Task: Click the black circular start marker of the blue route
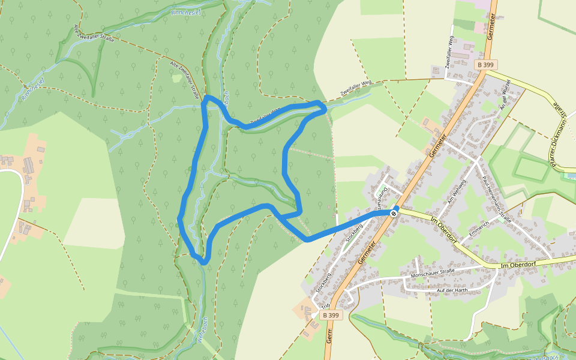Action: (394, 212)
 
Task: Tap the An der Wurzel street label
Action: (505, 95)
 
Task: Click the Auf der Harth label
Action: (452, 290)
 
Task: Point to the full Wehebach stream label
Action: (202, 329)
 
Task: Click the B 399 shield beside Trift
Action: (331, 315)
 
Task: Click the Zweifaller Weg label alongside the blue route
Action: (265, 115)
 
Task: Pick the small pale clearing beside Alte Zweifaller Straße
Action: (176, 78)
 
